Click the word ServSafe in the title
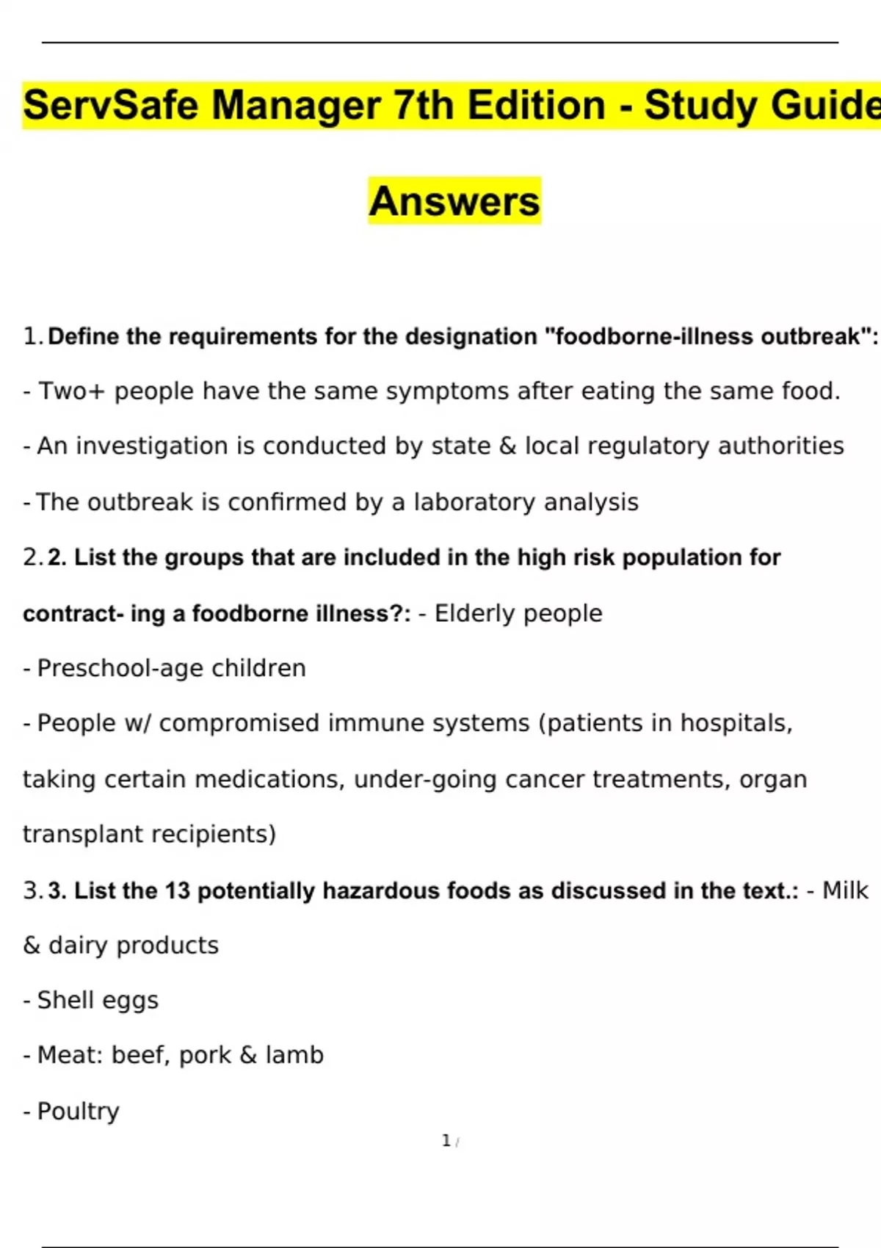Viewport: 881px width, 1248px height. click(111, 105)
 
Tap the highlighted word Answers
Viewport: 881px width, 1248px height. click(454, 201)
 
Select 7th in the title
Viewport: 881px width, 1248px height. click(423, 105)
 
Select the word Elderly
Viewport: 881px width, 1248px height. click(479, 613)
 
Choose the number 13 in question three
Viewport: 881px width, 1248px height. click(177, 890)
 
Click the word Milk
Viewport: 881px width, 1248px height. click(845, 890)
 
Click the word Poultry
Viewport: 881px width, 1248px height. click(78, 1111)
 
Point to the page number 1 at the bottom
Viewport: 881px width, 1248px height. click(446, 1141)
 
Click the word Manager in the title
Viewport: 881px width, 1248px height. click(297, 105)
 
